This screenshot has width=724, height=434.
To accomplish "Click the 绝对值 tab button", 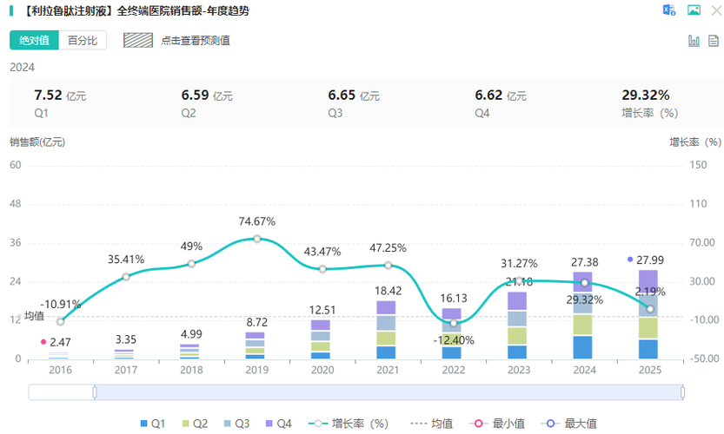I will coord(35,40).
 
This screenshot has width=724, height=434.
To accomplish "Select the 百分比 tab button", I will coord(83,40).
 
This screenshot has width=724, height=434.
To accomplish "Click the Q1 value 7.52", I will coord(47,95).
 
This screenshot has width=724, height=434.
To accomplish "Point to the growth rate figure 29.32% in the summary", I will coord(645,95).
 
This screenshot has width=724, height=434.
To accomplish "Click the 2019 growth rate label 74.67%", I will coord(257,221).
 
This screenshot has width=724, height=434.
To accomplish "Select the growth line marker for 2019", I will coord(257,238).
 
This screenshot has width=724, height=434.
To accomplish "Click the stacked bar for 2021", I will coord(386,330).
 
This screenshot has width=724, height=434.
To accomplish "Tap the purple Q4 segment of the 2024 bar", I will coord(582,279).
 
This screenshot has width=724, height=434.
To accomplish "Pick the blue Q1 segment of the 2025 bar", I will coord(648,349).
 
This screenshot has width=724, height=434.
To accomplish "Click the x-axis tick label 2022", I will coord(452,369).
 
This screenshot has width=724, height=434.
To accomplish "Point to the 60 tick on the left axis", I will coord(16,164).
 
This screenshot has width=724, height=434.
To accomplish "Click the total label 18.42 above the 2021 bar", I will coord(388,291).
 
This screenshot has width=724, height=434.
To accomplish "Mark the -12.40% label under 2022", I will coord(454,340).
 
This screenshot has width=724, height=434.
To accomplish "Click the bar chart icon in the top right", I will coord(694,40).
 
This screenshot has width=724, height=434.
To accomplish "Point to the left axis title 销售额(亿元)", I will coord(37,141).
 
